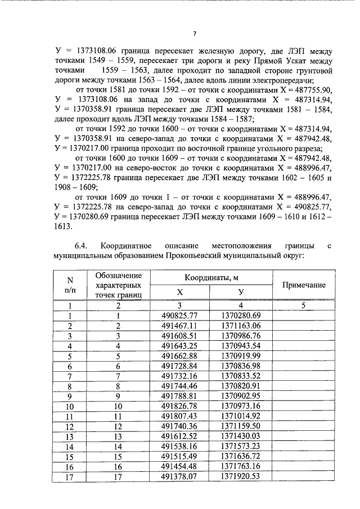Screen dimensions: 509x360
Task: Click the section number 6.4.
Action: pyautogui.click(x=82, y=246)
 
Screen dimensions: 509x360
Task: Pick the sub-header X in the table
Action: pyautogui.click(x=180, y=292)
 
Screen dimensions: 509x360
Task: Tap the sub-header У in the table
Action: pyautogui.click(x=241, y=292)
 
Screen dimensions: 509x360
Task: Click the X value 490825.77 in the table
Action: pyautogui.click(x=180, y=316)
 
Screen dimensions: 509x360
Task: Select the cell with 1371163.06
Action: pyautogui.click(x=241, y=326)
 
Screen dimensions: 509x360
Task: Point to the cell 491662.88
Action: pyautogui.click(x=180, y=356)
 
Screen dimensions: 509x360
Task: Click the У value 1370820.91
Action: pyautogui.click(x=241, y=386)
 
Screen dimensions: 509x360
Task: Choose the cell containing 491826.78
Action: pyautogui.click(x=180, y=406)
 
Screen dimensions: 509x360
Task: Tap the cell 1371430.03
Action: pyautogui.click(x=241, y=436)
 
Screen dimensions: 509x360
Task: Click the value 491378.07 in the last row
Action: pyautogui.click(x=180, y=477)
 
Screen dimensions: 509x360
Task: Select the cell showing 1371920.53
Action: pyautogui.click(x=241, y=477)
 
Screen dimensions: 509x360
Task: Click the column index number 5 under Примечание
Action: pyautogui.click(x=304, y=306)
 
